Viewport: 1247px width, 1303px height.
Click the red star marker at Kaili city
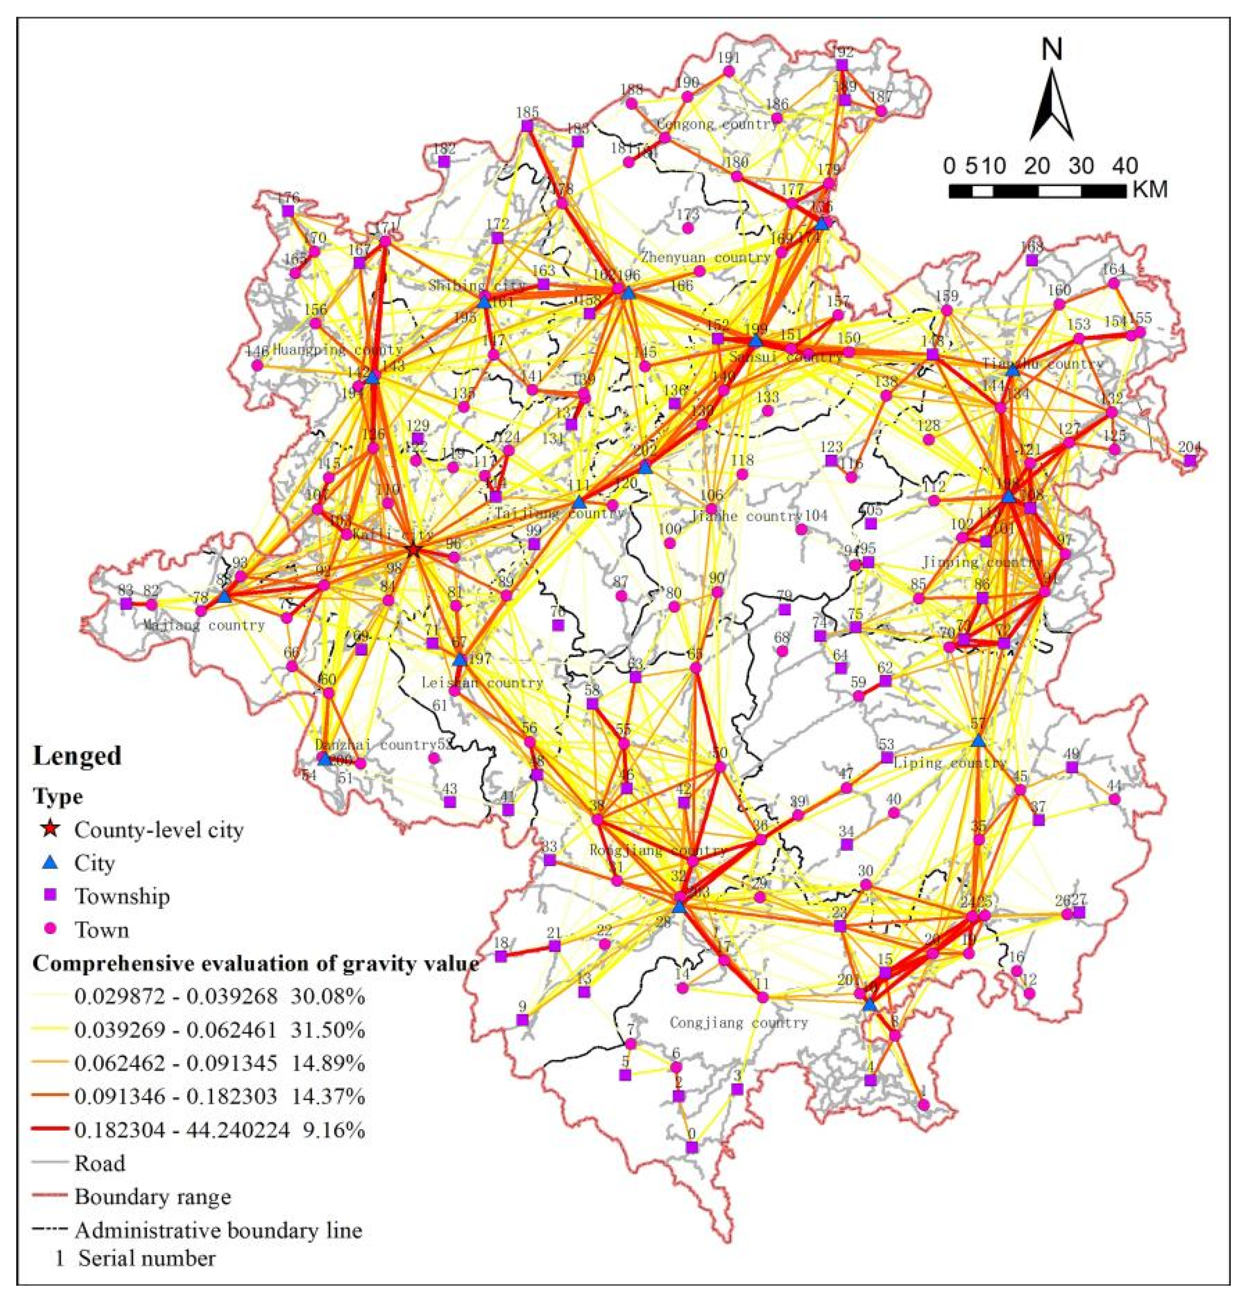click(x=414, y=549)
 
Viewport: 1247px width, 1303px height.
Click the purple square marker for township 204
click(x=1190, y=460)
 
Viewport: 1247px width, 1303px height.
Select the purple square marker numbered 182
click(x=444, y=161)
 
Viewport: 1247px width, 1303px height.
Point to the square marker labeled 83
click(x=126, y=603)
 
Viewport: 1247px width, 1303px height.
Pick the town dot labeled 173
click(x=688, y=228)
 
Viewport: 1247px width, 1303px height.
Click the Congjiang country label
click(x=739, y=1023)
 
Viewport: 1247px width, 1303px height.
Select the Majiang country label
click(x=205, y=625)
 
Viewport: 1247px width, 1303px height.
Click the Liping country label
click(x=950, y=762)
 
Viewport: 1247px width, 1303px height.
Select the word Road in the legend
click(x=100, y=1163)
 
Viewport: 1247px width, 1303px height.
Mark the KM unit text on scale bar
click(x=1149, y=190)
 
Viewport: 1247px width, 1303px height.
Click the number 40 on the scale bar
click(x=1123, y=165)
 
